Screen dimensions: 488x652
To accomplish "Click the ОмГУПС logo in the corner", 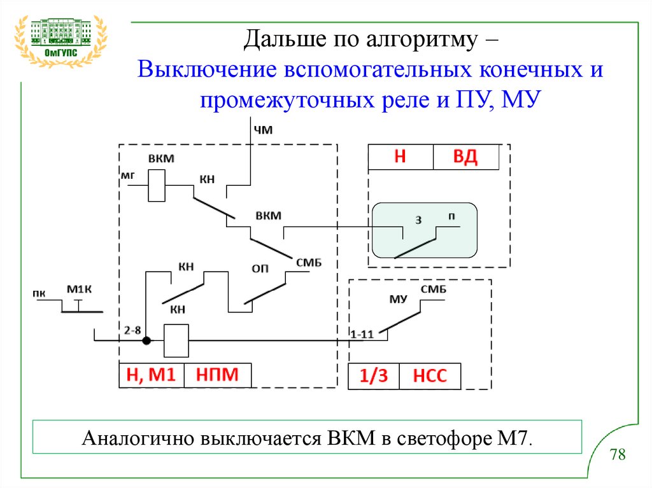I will pos(60,38).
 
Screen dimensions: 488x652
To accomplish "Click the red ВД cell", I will pos(465,157).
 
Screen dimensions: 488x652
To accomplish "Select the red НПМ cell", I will pos(216,375).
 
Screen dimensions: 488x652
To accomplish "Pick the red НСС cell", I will pos(430,377).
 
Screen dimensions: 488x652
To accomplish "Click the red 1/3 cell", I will pos(373,377).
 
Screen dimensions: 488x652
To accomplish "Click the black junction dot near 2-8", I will pos(146,340).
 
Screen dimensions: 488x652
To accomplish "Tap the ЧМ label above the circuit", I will pos(263,131).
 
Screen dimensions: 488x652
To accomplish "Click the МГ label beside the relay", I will pos(129,173).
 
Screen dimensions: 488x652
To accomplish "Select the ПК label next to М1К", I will pos(39,293).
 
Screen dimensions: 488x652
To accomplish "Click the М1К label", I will pos(80,291).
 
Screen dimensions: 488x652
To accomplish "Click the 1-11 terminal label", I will pos(362,333).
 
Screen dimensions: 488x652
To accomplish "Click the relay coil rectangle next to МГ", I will pos(157,186).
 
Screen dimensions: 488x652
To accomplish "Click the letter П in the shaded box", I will pos(451,216).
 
